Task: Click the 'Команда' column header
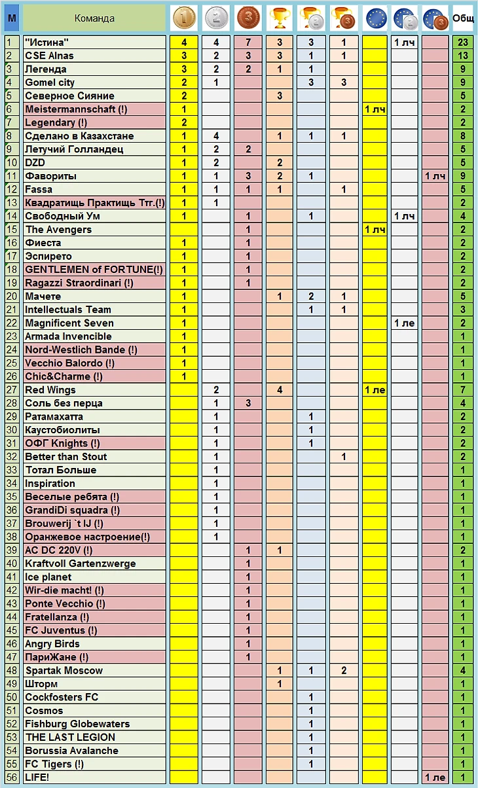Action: coord(94,18)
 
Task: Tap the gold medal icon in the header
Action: coord(184,18)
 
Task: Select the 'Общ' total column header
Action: coord(463,18)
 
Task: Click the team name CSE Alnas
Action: coord(49,56)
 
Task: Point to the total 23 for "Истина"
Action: coord(463,43)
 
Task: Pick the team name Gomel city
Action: coord(50,82)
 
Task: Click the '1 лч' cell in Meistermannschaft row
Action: coord(375,109)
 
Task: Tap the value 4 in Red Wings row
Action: coord(279,390)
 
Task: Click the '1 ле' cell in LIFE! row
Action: coord(435,778)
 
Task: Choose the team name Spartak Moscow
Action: coord(64,671)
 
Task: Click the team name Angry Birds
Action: coord(52,644)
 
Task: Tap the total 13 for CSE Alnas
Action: coord(463,56)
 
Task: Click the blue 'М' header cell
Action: coord(11,18)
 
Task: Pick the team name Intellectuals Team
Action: coord(68,310)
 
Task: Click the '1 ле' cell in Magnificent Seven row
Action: coord(405,323)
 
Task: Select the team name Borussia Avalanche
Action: coord(71,751)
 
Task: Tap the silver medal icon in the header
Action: coord(216,18)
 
